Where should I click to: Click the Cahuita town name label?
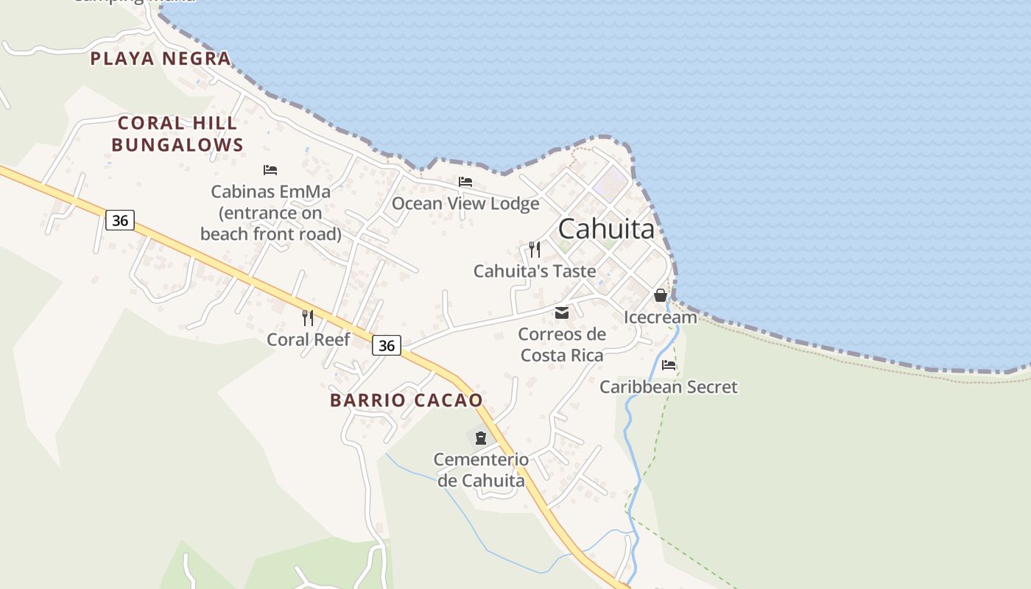606,229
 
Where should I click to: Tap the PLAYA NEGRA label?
161,59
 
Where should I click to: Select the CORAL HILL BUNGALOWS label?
177,134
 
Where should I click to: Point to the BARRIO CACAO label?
407,401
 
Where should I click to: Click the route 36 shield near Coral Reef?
386,345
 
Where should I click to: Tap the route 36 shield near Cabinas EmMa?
119,219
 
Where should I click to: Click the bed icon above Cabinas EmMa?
270,170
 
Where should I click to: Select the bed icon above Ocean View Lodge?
465,181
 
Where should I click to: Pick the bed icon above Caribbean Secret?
669,364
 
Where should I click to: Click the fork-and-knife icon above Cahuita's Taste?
535,249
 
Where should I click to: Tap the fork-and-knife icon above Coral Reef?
308,317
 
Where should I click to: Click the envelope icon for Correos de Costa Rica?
562,313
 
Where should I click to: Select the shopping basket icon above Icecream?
660,295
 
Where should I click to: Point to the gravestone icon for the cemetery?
481,438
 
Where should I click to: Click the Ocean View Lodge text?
465,203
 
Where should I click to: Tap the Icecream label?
661,317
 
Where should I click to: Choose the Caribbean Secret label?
668,387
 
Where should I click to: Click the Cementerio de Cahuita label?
481,470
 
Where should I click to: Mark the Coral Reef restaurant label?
309,339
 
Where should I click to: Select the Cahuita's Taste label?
535,271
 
